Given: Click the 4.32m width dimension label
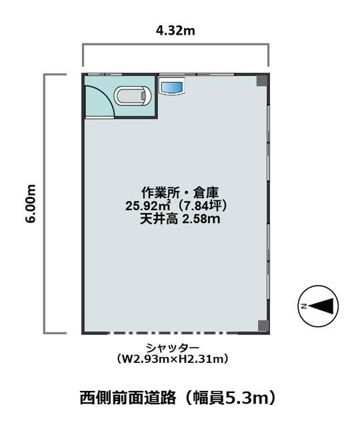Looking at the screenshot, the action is coord(175,31).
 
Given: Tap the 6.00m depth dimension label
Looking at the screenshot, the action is coord(31,203).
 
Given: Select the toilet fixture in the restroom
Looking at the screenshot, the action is coord(132,96).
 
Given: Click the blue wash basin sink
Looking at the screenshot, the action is coord(172,87).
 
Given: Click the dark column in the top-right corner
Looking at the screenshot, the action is coord(262,81).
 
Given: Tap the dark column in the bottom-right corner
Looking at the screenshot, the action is coord(263,326).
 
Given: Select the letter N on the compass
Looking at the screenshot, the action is coord(303,306).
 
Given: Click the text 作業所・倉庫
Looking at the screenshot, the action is coord(180,193).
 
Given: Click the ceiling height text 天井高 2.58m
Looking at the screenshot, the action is coord(180,219).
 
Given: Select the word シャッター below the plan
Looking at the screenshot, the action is coord(173,348).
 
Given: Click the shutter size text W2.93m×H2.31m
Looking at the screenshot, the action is coord(172,359).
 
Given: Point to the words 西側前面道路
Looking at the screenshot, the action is coord(128,398).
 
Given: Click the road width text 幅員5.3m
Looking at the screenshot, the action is coord(231,398).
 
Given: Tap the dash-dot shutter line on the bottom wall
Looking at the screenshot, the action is coord(172,333).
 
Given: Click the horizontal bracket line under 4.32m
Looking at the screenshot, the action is coord(176,44).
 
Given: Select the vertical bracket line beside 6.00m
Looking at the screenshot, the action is coord(45,203).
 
